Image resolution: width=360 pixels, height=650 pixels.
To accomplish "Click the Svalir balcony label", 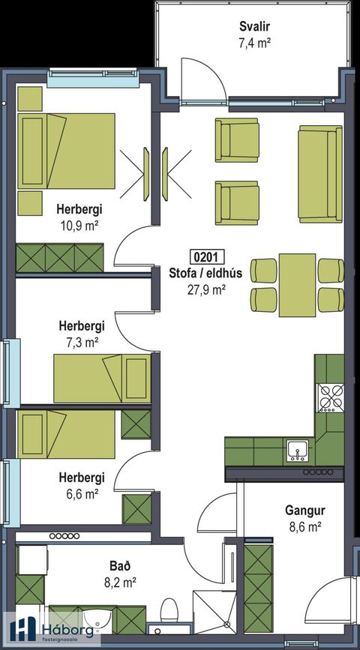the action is [255, 27].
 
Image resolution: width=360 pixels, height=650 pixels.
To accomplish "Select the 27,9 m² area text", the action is [205, 290].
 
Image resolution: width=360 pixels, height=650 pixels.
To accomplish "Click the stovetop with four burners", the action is [331, 398].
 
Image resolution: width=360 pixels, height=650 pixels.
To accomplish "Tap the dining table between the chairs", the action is [297, 285].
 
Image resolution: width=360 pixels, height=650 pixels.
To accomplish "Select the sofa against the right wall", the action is [319, 174].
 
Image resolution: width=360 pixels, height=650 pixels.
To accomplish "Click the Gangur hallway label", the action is [304, 510].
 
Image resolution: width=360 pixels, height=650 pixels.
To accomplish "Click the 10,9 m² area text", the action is [80, 226].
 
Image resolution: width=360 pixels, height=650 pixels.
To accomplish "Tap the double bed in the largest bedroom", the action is [66, 151].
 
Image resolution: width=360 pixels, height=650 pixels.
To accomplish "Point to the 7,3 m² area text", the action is [82, 342].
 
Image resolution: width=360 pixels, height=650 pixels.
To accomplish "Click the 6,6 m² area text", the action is [82, 493].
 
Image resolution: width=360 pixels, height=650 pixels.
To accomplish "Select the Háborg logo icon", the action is [24, 628].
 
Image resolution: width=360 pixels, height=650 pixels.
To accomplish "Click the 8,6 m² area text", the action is [305, 527].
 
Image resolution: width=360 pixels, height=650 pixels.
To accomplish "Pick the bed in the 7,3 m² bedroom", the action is [102, 378].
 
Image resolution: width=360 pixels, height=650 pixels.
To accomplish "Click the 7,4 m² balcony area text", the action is [255, 43].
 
